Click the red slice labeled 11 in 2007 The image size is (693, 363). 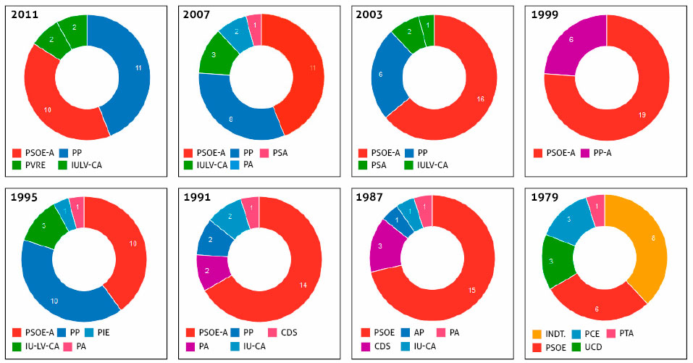(x=304, y=69)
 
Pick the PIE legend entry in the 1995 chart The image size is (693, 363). (x=104, y=333)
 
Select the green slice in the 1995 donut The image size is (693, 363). (x=41, y=226)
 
